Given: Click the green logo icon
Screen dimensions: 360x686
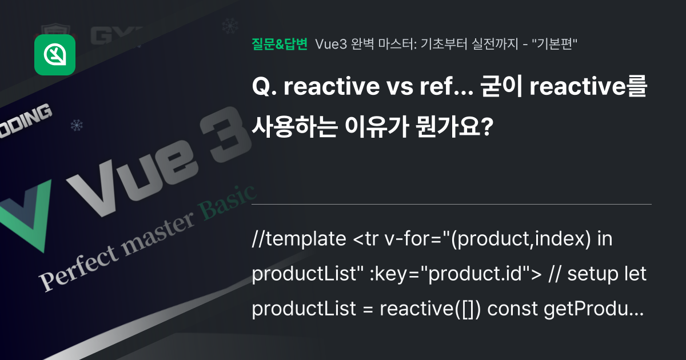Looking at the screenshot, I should pos(55,55).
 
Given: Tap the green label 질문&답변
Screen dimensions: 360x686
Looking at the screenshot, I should pos(280,44).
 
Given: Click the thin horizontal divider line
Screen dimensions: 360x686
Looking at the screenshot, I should pos(452,204).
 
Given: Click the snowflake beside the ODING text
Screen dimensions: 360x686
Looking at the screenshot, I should pos(75,124).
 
